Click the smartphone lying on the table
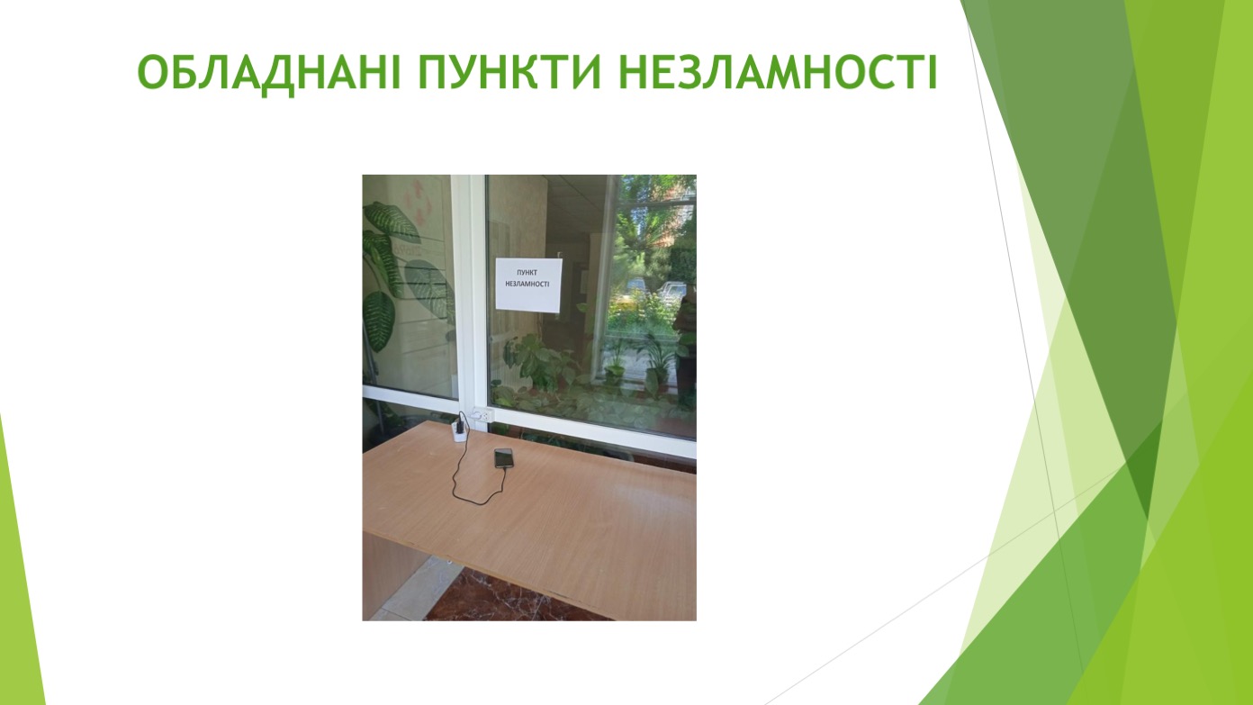pyautogui.click(x=504, y=457)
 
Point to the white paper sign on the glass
pyautogui.click(x=528, y=285)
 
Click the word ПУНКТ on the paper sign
pyautogui.click(x=527, y=273)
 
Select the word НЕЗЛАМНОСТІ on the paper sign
pyautogui.click(x=527, y=284)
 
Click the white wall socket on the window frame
pyautogui.click(x=481, y=415)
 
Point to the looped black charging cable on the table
pyautogui.click(x=473, y=475)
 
